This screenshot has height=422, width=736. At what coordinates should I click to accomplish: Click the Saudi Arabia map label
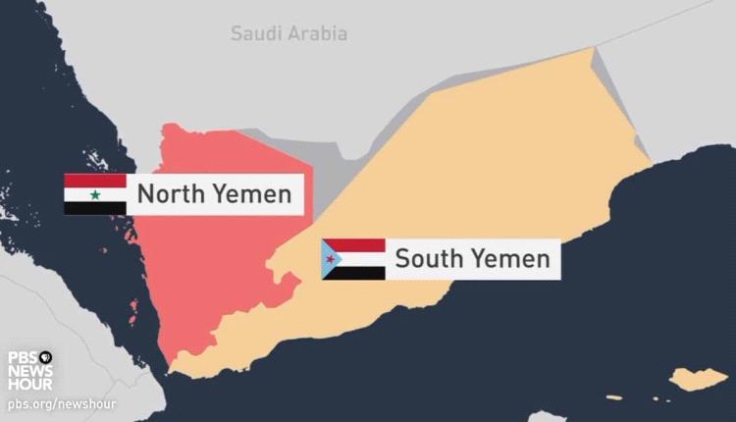point(289,34)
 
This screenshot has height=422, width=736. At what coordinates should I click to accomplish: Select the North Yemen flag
point(95,194)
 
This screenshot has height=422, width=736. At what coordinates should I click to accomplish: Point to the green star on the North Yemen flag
point(95,194)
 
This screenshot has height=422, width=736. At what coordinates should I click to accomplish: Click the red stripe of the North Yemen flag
point(95,181)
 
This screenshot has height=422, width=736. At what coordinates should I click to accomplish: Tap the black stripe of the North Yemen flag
point(95,208)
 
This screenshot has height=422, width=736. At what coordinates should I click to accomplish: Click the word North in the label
point(170,194)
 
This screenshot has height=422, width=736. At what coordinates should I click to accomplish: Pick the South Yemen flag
point(353,259)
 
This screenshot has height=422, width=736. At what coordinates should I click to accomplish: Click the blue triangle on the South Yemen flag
point(331,259)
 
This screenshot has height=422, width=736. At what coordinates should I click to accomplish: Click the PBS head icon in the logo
point(45,357)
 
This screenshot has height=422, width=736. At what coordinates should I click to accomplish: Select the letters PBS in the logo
point(23,357)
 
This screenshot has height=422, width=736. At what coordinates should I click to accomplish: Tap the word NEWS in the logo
point(30,371)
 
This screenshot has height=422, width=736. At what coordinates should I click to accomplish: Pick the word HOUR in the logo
point(30,385)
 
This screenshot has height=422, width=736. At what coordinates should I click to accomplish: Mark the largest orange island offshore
point(699,378)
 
